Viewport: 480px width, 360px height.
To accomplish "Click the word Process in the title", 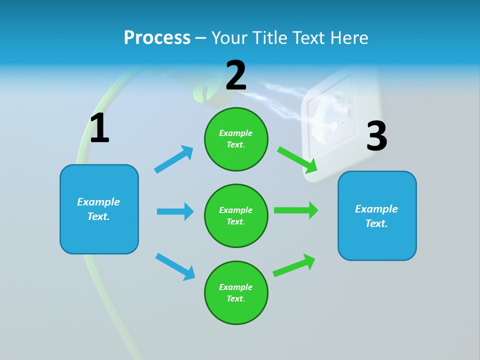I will [157, 37].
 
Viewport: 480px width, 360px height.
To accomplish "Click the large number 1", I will [99, 128].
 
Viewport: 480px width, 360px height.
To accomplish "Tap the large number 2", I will [236, 75].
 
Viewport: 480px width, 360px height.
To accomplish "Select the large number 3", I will [376, 136].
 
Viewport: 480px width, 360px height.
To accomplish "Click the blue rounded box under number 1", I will [99, 209].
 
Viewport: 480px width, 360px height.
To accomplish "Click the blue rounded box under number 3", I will [377, 215].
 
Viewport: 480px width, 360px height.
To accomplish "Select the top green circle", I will [236, 139].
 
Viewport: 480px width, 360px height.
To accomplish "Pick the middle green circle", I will [236, 215].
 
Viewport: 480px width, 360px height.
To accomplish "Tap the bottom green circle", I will [236, 292].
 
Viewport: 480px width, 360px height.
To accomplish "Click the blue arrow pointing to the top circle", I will [174, 159].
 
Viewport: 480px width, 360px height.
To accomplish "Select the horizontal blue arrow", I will [175, 211].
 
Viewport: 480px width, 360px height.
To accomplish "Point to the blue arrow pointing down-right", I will [175, 266].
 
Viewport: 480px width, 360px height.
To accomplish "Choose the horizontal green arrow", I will [295, 210].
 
